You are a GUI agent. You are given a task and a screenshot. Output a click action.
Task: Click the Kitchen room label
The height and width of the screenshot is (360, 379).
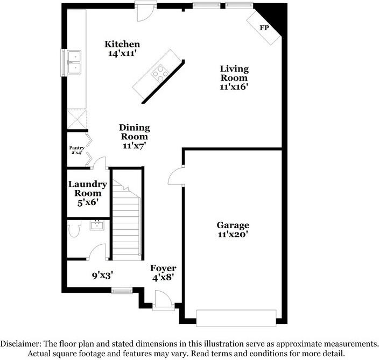[122, 44]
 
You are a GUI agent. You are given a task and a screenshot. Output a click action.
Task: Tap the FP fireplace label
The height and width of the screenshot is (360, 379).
[265, 27]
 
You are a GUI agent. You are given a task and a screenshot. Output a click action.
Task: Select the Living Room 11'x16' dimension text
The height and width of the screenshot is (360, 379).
[234, 86]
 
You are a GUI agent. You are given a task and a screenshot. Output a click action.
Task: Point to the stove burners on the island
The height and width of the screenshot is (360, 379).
[160, 72]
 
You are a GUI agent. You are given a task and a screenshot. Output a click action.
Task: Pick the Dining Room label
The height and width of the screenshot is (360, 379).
[134, 128]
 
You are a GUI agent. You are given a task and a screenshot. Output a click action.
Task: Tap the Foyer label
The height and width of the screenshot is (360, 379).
[163, 267]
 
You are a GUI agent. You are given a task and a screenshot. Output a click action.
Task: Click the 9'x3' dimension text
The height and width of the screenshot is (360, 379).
[102, 276]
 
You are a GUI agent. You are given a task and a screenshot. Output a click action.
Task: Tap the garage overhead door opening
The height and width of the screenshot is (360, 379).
[237, 317]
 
